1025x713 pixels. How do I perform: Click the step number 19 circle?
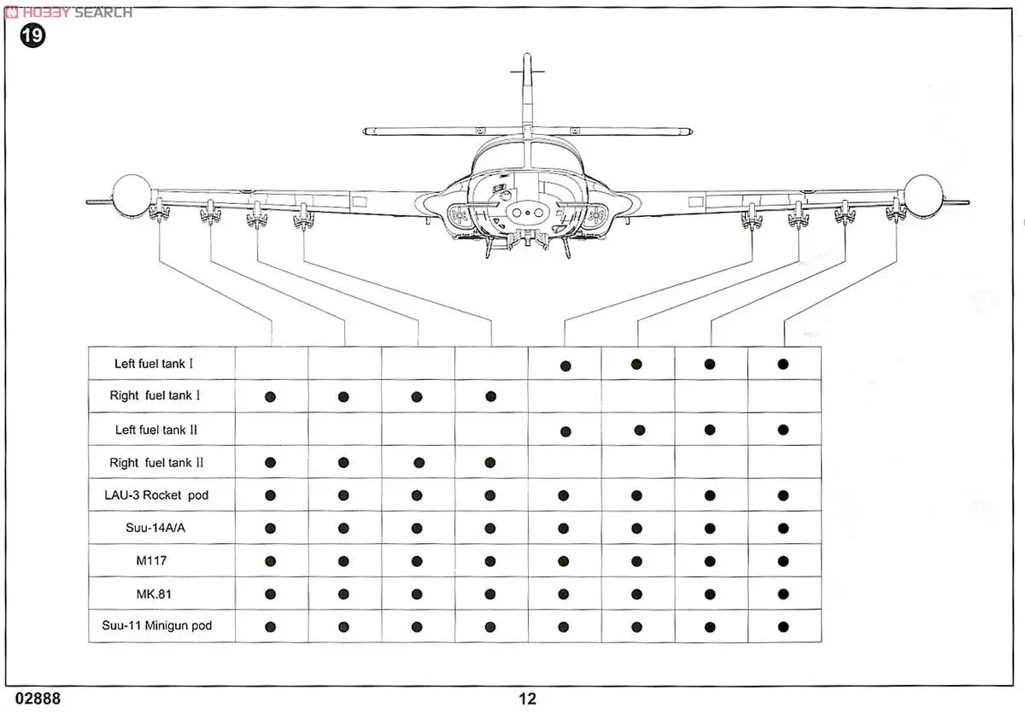[32, 36]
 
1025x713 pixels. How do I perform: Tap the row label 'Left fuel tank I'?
[154, 364]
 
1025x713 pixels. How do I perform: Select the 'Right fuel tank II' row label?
[156, 463]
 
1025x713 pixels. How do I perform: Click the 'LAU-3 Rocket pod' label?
[159, 495]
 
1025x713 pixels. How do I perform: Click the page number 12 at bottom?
[527, 698]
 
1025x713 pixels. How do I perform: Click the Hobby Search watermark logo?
[68, 12]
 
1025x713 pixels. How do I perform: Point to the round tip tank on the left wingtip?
[132, 195]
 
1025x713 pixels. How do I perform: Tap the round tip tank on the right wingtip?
[922, 195]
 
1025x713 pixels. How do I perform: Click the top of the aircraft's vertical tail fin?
[527, 58]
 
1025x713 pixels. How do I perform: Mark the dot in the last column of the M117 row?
[783, 561]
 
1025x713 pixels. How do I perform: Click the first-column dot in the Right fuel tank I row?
[271, 396]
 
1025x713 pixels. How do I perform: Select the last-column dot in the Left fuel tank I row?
[783, 364]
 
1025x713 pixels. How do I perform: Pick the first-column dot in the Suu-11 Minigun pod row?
[271, 626]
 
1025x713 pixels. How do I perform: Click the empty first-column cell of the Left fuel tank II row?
[271, 430]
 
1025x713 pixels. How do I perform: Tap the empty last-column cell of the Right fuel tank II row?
[783, 463]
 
